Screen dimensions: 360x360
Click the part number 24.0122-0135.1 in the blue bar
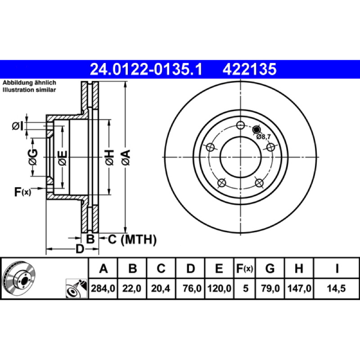146,69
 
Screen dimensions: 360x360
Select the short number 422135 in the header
249,69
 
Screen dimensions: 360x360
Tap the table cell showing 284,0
103,288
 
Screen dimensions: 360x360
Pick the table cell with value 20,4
161,288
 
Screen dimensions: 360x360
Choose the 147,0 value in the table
299,288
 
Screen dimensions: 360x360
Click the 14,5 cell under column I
336,288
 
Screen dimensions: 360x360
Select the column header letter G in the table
270,268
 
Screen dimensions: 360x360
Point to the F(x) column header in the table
244,268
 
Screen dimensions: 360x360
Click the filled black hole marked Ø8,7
256,130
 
